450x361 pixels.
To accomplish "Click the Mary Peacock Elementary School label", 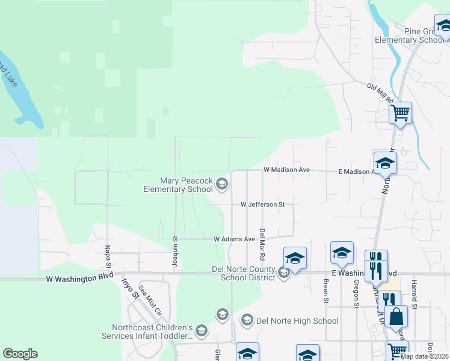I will click(186, 185).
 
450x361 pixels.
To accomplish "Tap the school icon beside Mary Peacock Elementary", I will click(221, 184).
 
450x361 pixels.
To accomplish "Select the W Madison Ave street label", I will click(286, 170).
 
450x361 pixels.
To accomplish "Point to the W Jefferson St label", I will click(262, 205).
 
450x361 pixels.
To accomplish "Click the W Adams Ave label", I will click(235, 239).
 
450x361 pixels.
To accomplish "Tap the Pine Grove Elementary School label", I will click(409, 35).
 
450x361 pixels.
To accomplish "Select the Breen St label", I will click(325, 291).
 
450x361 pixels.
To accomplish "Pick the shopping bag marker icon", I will click(396, 316).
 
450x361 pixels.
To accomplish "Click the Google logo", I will click(20, 354).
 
